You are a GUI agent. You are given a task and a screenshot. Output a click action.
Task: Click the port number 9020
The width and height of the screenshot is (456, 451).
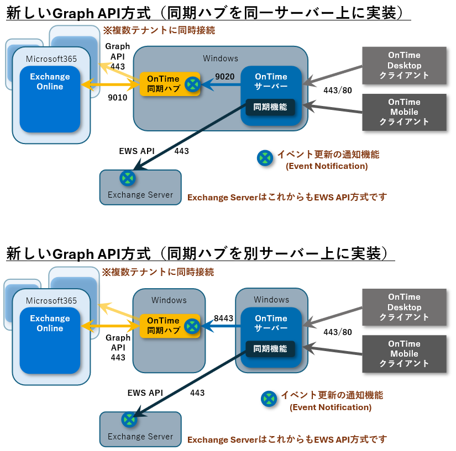coord(225,77)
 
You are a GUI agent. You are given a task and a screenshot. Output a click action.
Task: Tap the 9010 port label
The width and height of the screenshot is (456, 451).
coord(118,98)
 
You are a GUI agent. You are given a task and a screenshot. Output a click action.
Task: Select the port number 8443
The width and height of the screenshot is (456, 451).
coord(223,319)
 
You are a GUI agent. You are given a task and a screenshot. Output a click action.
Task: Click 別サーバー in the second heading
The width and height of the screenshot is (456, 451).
coord(298,254)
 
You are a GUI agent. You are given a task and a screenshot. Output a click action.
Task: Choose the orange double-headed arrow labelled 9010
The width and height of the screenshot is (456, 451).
coord(111,85)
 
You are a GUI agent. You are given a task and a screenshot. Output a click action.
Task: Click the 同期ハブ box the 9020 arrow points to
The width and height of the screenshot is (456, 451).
coord(163,83)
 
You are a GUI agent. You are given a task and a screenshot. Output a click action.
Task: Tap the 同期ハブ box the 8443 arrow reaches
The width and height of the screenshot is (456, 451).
coord(163,326)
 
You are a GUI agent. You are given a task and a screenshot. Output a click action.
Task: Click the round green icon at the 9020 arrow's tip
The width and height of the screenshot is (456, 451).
coord(192,84)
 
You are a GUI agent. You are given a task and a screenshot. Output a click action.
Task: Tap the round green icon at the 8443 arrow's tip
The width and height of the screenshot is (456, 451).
coord(192,326)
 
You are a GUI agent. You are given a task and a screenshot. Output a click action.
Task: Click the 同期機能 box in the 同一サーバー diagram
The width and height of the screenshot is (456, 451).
coord(270,107)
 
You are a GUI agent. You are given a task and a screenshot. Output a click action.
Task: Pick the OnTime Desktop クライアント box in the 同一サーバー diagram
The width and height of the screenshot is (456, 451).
coord(404,66)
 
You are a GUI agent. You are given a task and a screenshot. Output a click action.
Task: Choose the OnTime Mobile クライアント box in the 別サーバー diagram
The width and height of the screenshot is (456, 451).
coord(404,354)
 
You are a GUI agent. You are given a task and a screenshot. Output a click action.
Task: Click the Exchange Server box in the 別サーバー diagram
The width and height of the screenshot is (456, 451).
coord(140,429)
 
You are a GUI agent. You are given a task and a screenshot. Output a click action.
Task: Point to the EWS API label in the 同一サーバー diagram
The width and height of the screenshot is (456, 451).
coord(137,151)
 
